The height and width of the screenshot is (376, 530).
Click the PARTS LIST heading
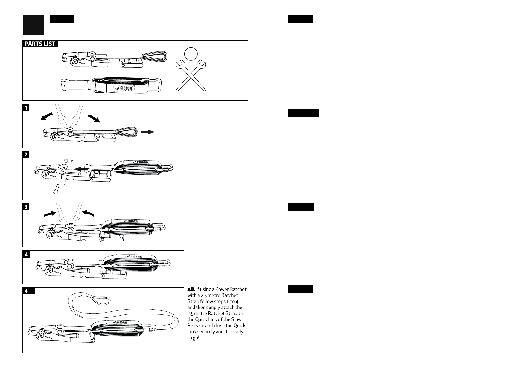tap(40, 44)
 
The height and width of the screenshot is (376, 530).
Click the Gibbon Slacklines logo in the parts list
tap(124, 89)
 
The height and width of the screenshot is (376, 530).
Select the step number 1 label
tap(26, 108)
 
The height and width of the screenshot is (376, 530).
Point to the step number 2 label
tap(26, 155)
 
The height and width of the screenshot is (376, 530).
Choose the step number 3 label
tap(26, 207)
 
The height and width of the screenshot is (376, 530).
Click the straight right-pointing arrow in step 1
tap(148, 132)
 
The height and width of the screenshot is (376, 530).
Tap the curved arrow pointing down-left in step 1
tap(47, 117)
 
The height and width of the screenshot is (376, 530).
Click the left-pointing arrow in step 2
tap(81, 169)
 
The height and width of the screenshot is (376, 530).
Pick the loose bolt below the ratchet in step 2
tap(56, 189)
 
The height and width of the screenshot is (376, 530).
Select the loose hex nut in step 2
tap(66, 161)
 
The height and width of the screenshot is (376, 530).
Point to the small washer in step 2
tap(72, 161)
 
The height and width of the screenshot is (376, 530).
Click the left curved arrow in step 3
tap(50, 214)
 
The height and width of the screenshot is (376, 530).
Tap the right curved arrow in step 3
tap(88, 213)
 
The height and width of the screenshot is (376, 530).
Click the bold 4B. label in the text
tap(191, 289)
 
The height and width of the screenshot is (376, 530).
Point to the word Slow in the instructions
tap(236, 320)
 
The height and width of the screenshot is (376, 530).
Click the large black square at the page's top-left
tap(33, 25)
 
